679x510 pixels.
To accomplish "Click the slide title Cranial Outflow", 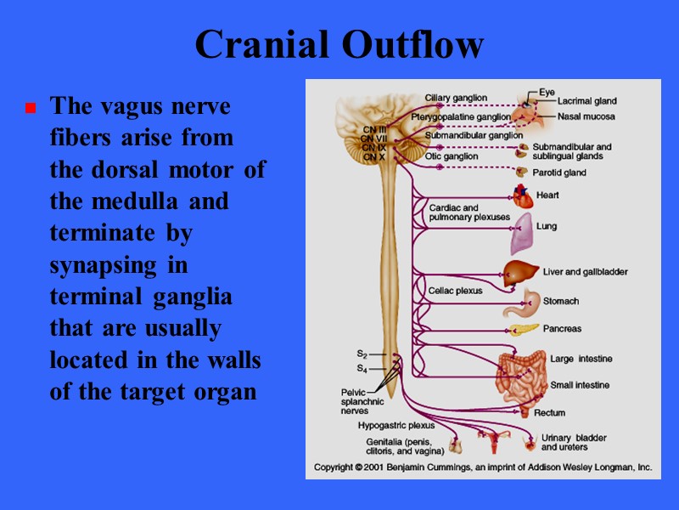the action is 339,45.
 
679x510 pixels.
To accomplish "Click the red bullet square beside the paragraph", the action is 31,109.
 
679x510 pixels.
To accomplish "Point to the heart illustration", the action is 523,197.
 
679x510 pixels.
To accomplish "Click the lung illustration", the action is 521,234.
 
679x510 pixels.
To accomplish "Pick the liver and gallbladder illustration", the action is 517,273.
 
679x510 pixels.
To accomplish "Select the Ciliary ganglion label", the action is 456,98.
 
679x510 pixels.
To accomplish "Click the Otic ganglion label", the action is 452,156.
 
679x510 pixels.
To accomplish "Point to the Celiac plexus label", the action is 455,291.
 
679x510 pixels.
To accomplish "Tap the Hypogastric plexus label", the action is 396,425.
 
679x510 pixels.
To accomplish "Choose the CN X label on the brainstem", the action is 373,157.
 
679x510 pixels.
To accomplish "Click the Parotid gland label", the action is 559,173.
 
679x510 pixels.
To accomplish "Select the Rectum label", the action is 549,413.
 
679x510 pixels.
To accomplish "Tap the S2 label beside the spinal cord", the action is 362,353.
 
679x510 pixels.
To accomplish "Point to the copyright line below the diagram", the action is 483,467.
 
